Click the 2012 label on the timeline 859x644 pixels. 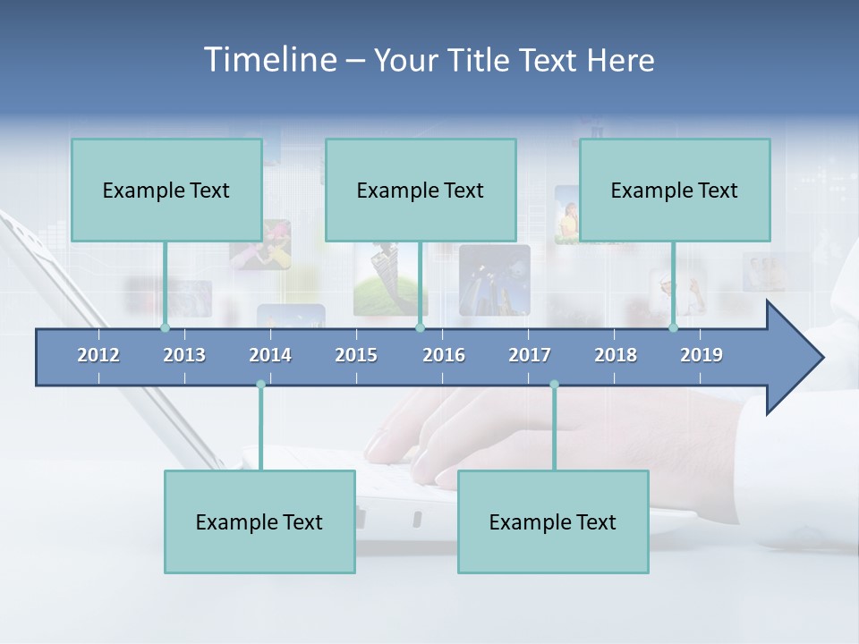98,355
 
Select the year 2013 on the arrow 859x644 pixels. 184,355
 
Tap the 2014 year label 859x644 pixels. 270,355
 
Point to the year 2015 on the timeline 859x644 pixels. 356,355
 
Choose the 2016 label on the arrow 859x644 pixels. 444,355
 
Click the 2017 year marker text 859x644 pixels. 530,355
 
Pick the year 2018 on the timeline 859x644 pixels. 616,355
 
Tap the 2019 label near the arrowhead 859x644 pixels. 702,355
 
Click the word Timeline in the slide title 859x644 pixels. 269,60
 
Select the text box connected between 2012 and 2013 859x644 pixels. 166,190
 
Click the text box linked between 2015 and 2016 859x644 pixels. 421,190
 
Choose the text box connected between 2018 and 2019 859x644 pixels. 675,190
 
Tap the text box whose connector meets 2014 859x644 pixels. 259,521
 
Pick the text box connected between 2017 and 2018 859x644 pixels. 553,521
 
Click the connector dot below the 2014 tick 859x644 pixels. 260,385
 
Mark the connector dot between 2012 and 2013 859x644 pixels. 165,327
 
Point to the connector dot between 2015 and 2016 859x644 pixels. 420,327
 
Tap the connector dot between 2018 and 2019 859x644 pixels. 673,327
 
